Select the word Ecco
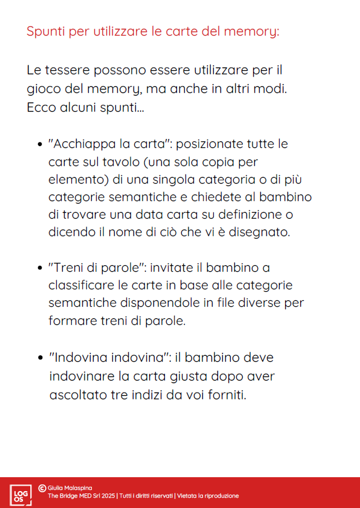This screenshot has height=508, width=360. pos(41,108)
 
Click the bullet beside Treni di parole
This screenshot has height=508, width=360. pos(40,268)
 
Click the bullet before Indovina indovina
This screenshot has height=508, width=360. pos(40,357)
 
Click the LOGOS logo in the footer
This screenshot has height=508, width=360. pos(20,494)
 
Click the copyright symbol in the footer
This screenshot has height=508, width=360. pos(42,487)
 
